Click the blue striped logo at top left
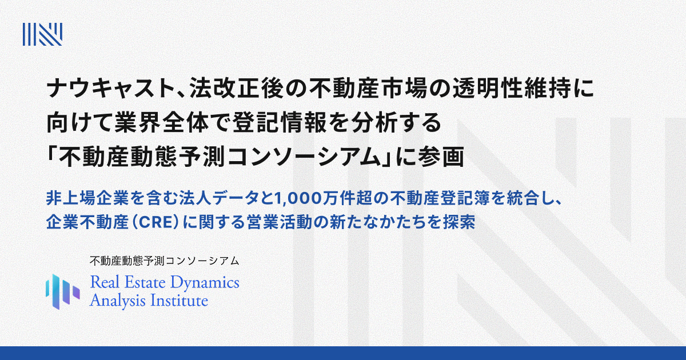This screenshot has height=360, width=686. [x=42, y=34]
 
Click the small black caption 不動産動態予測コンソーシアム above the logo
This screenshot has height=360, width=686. [x=164, y=261]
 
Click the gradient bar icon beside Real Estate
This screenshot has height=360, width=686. [x=62, y=289]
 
